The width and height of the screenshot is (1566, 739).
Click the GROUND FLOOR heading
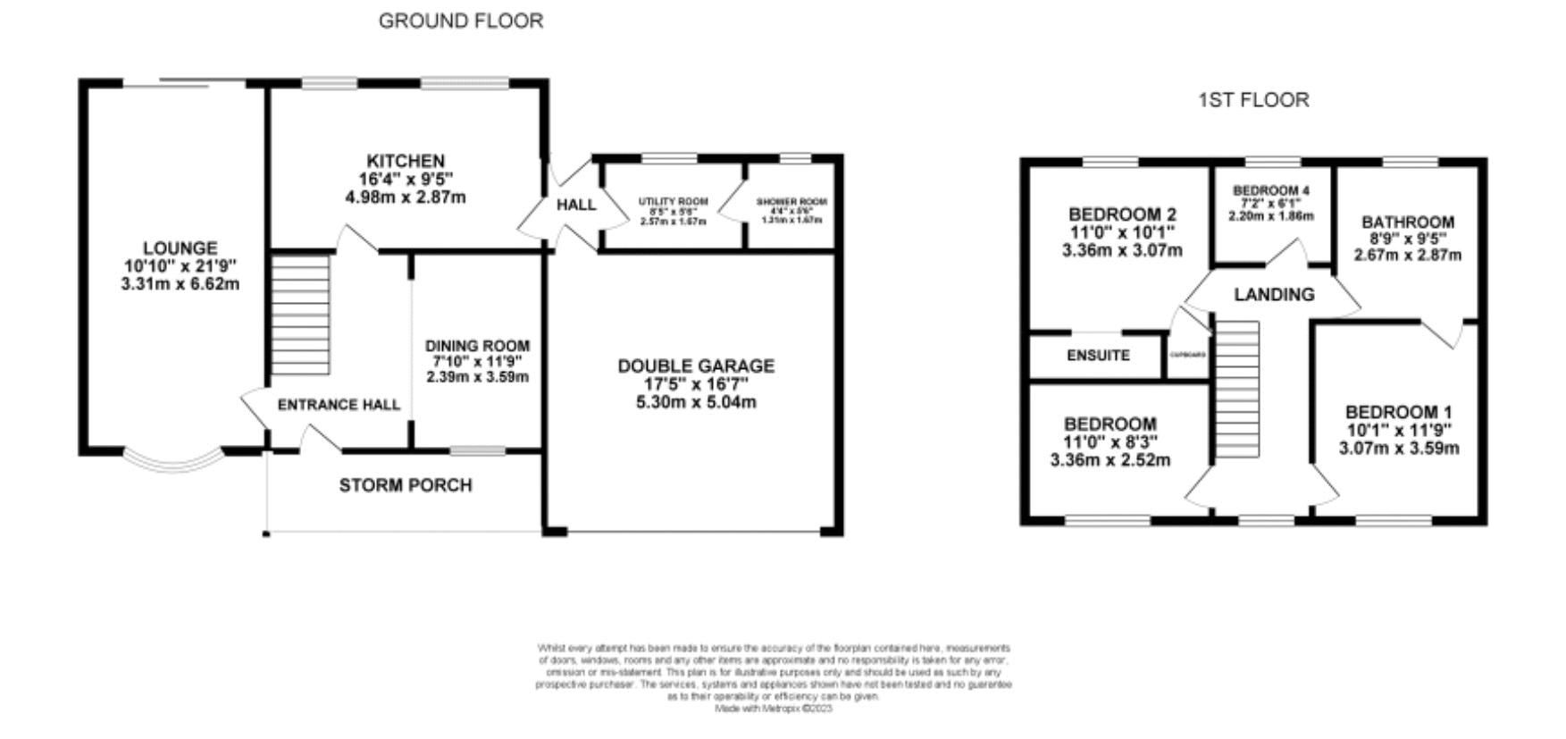pos(460,21)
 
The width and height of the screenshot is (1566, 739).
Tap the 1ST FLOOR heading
pos(1253,100)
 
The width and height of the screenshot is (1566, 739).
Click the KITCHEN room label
pos(405,161)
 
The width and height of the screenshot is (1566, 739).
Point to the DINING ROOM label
pos(477,346)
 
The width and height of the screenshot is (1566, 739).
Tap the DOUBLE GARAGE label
pos(696,365)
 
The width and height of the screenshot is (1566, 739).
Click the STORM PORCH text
pos(405,485)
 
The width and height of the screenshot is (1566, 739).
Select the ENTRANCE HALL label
pos(339,405)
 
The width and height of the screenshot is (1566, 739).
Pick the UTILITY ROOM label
pos(673,202)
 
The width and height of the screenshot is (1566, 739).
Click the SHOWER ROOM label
pos(791,202)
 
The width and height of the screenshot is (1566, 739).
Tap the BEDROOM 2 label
pos(1122,214)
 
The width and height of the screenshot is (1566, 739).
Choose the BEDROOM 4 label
pos(1270,190)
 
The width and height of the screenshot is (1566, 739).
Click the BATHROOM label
pos(1407,222)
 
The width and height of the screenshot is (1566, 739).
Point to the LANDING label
pos(1274,294)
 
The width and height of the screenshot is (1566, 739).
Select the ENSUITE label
pos(1098,355)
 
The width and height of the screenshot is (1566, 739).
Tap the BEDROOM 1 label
pos(1398,412)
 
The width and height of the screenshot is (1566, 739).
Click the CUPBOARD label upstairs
pos(1188,355)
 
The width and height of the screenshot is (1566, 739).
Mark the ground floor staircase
pos(300,315)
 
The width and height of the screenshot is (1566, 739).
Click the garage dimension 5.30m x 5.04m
pos(696,402)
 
